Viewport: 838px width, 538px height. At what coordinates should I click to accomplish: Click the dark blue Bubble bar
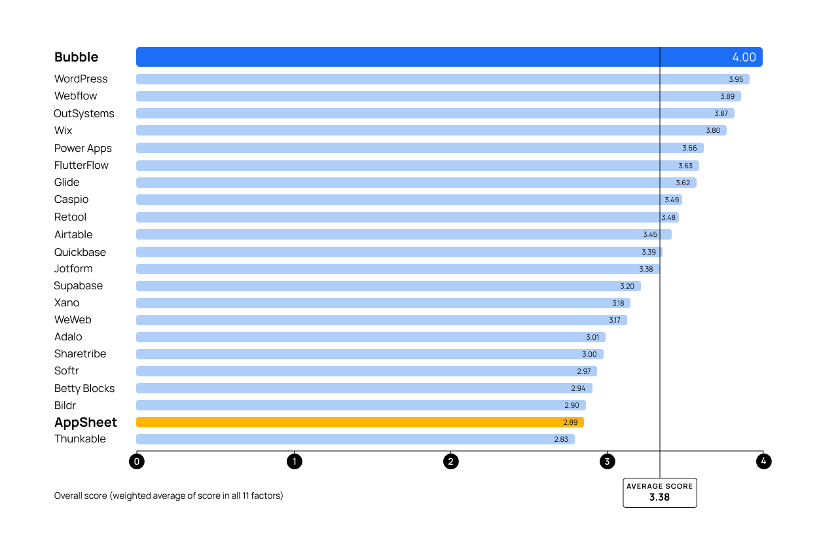point(393,57)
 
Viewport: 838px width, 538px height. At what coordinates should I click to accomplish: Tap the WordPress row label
point(81,79)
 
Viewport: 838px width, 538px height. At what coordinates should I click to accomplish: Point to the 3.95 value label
point(736,79)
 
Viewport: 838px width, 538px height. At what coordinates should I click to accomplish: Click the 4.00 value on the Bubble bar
point(744,58)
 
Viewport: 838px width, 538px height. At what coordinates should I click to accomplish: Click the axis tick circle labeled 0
point(137,461)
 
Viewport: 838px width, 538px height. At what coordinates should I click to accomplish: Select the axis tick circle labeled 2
point(450,461)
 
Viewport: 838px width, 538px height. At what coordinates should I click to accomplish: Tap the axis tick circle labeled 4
point(763,461)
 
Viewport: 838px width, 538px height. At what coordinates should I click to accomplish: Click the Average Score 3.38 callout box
point(659,492)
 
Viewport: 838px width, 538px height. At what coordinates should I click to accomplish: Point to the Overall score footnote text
point(169,495)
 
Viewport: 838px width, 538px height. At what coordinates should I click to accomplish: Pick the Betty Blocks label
point(84,389)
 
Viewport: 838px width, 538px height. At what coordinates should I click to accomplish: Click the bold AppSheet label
point(86,422)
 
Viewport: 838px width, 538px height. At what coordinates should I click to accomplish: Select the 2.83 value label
point(561,439)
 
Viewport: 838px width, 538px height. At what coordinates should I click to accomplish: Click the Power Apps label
point(83,149)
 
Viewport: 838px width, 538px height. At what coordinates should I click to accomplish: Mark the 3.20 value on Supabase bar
point(627,286)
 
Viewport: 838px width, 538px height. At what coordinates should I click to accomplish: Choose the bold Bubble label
point(77,58)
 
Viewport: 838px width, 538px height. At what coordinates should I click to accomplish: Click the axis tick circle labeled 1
point(294,461)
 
